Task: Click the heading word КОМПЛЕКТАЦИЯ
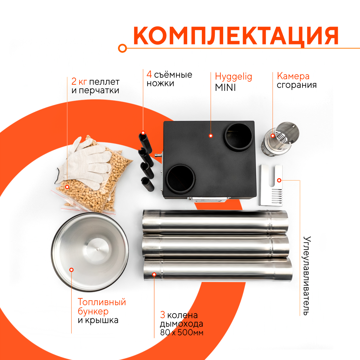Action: pos(236,35)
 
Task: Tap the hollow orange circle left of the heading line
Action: pos(122,48)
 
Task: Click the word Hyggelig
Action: pos(233,77)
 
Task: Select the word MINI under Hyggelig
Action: pos(225,87)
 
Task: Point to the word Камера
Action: pos(293,76)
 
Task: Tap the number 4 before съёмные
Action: pos(149,74)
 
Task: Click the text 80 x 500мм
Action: pos(181,332)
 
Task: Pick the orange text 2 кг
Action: pos(79,82)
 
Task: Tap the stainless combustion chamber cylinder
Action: pos(280,139)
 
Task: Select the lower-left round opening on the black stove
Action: pos(181,179)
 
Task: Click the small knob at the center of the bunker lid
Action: pos(97,249)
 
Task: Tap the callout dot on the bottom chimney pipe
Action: pos(154,274)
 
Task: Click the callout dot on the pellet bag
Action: pos(67,187)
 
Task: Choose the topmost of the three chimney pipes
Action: pos(215,221)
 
